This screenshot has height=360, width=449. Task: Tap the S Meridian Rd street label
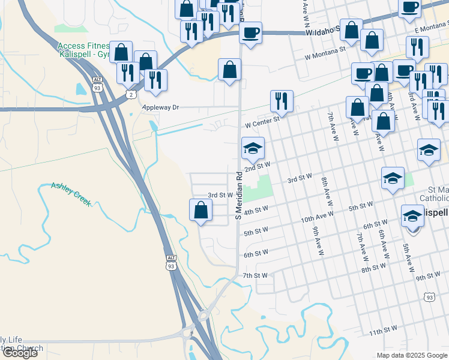click(238, 197)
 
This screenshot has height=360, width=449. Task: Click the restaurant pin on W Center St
click(282, 101)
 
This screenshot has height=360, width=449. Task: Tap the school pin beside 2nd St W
click(253, 148)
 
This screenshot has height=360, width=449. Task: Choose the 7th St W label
click(255, 275)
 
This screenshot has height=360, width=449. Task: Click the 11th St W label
click(384, 331)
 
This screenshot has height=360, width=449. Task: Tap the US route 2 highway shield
click(131, 94)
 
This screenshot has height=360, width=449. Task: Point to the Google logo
click(20, 353)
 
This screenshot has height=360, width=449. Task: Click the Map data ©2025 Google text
click(412, 355)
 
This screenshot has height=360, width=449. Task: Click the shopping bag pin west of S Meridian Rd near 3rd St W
click(201, 211)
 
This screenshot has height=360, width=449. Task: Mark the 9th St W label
click(428, 277)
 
